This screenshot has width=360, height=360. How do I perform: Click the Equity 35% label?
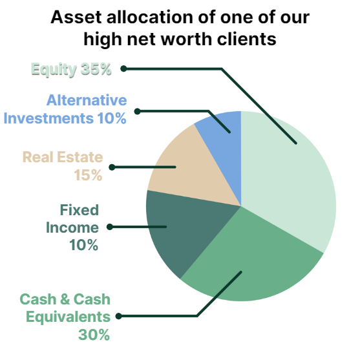(x=71, y=69)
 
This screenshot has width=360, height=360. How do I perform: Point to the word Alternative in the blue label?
(x=87, y=100)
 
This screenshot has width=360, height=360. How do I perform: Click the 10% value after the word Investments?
(x=112, y=118)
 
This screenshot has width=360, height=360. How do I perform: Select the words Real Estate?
(x=63, y=157)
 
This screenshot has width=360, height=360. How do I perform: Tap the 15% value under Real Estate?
(x=88, y=175)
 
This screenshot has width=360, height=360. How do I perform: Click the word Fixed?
(x=79, y=210)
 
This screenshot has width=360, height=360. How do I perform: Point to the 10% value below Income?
(x=84, y=245)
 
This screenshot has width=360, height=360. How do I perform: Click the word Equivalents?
(x=69, y=317)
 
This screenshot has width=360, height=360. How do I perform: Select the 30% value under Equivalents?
(x=94, y=335)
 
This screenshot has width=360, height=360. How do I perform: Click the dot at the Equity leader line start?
(x=123, y=69)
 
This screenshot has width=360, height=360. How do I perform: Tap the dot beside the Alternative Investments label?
(x=137, y=111)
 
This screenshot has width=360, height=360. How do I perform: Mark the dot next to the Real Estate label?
(x=112, y=167)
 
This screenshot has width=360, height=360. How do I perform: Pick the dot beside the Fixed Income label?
(x=110, y=227)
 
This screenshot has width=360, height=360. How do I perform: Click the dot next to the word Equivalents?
(x=118, y=316)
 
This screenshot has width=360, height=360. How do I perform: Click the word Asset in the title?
(x=76, y=17)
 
